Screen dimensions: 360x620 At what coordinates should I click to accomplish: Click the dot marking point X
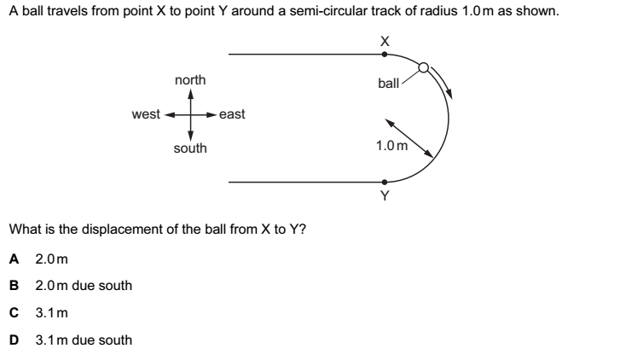(x=385, y=54)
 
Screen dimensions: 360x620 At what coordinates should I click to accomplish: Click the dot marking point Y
(x=385, y=182)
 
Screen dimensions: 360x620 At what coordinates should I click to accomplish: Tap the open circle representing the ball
(x=424, y=69)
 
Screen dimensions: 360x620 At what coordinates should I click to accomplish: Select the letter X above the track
(x=385, y=40)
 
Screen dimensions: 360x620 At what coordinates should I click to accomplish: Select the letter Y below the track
(x=385, y=196)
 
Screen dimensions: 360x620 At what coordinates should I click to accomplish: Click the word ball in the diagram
(x=388, y=84)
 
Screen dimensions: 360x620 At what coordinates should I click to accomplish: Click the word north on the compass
(x=189, y=79)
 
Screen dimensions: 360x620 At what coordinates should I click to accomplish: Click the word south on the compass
(x=189, y=148)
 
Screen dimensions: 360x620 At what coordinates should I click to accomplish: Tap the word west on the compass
(x=146, y=114)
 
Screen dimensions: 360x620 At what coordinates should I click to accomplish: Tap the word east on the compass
(x=232, y=114)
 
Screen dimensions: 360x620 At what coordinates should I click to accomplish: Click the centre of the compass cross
(x=190, y=113)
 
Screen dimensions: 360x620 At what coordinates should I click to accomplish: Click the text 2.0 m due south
(x=84, y=285)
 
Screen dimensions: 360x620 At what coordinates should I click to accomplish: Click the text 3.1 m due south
(x=84, y=340)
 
